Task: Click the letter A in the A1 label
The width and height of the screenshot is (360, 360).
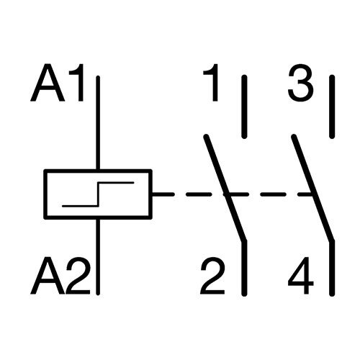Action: pyautogui.click(x=48, y=83)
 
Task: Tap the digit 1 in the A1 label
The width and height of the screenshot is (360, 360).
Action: pyautogui.click(x=78, y=83)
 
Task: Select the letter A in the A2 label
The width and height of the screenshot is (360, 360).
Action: pyautogui.click(x=48, y=276)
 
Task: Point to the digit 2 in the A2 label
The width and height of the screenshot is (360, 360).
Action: pyautogui.click(x=78, y=276)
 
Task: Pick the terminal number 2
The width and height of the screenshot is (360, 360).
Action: pyautogui.click(x=212, y=276)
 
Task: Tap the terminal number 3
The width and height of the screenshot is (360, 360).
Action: pyautogui.click(x=301, y=83)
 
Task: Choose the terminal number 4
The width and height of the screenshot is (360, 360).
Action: pyautogui.click(x=301, y=276)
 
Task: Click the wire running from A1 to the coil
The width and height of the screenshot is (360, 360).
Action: pyautogui.click(x=98, y=123)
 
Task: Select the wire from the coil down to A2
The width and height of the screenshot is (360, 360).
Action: pyautogui.click(x=98, y=257)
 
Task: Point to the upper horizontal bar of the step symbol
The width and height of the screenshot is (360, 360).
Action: pyautogui.click(x=116, y=183)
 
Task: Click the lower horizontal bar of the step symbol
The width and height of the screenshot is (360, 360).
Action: pyautogui.click(x=81, y=206)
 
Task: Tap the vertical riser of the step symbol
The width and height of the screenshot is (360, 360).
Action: pyautogui.click(x=98, y=194)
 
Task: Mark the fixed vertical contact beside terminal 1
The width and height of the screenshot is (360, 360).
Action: pyautogui.click(x=244, y=107)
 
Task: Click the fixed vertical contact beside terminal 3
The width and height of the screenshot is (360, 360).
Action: pyautogui.click(x=332, y=107)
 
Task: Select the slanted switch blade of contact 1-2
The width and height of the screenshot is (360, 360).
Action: pyautogui.click(x=225, y=188)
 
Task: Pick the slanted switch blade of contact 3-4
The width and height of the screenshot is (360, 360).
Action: pyautogui.click(x=313, y=188)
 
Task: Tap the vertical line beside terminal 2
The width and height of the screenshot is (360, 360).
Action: pyautogui.click(x=244, y=268)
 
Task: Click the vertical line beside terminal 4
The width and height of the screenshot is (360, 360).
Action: pyautogui.click(x=332, y=268)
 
